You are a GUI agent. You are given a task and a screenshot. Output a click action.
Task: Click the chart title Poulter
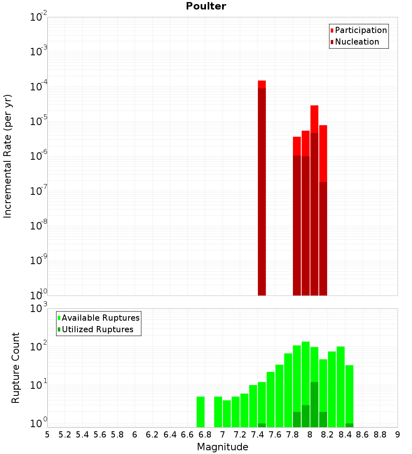pyautogui.click(x=206, y=6)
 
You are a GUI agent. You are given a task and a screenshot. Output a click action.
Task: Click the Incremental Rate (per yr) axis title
pyautogui.click(x=8, y=156)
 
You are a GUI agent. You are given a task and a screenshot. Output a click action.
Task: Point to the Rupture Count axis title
pyautogui.click(x=16, y=367)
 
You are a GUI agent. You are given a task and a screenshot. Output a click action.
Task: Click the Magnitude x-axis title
pyautogui.click(x=222, y=447)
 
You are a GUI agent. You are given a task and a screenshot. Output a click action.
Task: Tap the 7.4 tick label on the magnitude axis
pyautogui.click(x=257, y=435)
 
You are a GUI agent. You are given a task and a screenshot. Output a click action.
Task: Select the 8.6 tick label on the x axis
pyautogui.click(x=363, y=435)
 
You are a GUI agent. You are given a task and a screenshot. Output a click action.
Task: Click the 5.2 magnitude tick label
pyautogui.click(x=65, y=435)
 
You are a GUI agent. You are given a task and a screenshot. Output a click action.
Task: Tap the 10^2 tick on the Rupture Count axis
pyautogui.click(x=39, y=346)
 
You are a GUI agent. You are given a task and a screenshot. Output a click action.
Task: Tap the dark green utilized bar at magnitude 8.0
pyautogui.click(x=314, y=404)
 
